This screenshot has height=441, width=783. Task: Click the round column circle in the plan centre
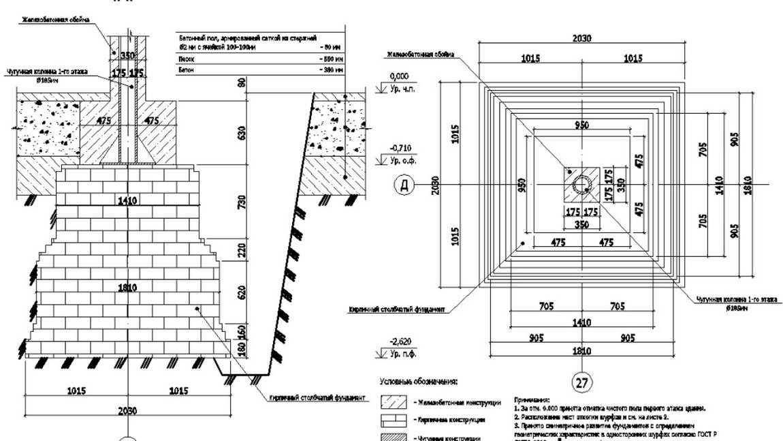(x=582, y=185)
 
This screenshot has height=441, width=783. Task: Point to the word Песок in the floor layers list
(x=185, y=61)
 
